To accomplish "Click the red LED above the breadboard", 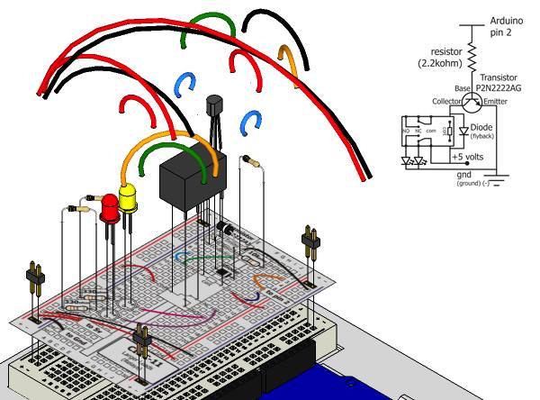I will (x=109, y=208).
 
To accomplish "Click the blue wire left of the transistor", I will (x=187, y=85).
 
